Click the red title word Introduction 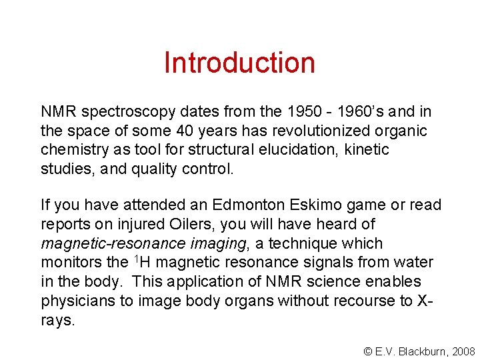coord(239,63)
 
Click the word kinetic coord(367,149)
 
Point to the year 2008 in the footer coord(463,351)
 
